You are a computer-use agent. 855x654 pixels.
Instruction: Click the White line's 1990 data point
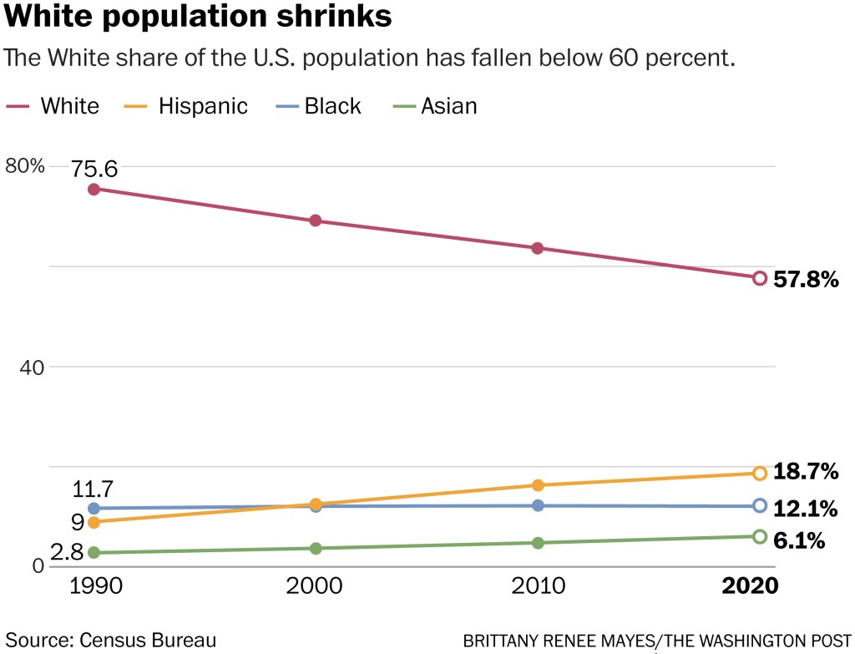click(94, 189)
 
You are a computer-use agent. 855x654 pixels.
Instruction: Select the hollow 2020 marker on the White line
click(760, 278)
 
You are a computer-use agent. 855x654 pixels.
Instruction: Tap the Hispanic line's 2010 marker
click(538, 485)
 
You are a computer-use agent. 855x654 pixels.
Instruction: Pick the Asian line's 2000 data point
click(316, 548)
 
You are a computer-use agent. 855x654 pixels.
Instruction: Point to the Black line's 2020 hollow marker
click(760, 505)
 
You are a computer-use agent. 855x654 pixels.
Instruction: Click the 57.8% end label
click(806, 280)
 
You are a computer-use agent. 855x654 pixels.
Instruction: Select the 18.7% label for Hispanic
click(806, 471)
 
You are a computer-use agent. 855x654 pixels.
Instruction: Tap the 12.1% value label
click(806, 508)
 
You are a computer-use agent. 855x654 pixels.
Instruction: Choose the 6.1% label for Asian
click(799, 540)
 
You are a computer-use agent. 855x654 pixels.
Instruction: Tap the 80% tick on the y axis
click(25, 165)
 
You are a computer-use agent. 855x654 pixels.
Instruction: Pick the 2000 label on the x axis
click(314, 586)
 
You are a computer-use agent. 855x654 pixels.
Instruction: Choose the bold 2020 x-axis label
click(749, 586)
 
